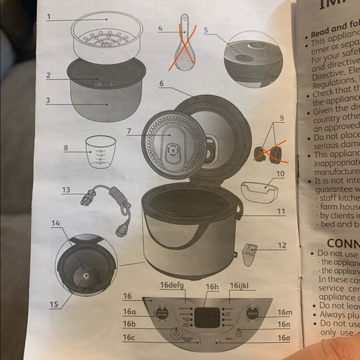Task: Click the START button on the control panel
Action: point(250,314)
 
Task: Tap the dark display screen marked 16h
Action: point(207,317)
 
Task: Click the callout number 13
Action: point(66,189)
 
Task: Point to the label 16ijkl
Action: point(239,285)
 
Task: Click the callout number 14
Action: point(55,223)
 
